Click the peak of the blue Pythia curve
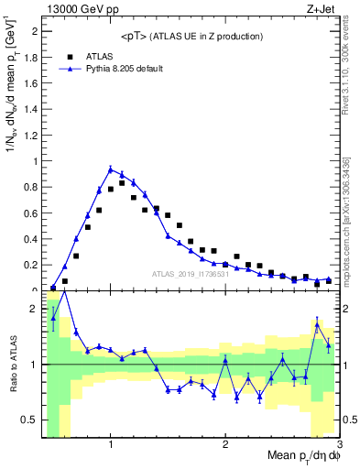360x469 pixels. (111, 169)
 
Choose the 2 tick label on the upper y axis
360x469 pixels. (34, 30)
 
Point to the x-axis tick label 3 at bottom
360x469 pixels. (338, 444)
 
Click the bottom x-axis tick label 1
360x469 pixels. (111, 444)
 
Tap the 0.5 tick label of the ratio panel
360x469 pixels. (30, 420)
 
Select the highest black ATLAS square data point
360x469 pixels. (122, 183)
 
